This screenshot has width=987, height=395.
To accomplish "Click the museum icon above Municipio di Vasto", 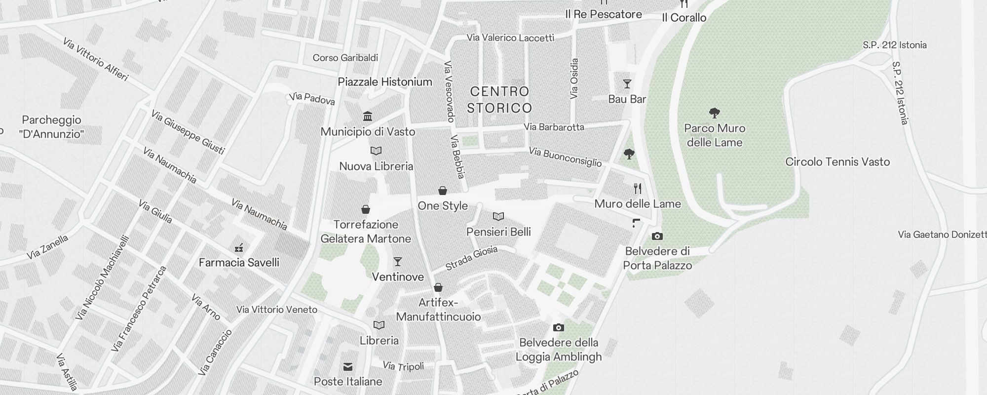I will pos(368,117).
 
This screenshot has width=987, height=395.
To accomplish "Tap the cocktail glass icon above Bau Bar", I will pos(627,84).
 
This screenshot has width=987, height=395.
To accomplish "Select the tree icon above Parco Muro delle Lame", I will pos(714,113).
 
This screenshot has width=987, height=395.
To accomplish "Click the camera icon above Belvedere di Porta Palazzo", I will pos(657,237).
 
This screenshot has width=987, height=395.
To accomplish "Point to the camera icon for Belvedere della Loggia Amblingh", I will pos(558,328).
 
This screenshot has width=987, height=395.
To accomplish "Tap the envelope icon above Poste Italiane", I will pos(348,367).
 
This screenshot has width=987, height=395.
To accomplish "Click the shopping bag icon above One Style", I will pos(443,191).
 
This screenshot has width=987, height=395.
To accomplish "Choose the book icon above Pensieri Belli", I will pos(498,217).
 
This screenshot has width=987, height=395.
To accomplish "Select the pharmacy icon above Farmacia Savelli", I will pos(239,248).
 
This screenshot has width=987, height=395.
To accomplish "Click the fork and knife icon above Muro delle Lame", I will pos(638,189).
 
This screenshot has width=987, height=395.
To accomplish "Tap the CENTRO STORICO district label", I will pos(499,100).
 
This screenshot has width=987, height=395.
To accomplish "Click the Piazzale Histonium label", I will pos(385,82).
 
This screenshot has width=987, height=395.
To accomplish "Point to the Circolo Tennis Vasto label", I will pos(837,162).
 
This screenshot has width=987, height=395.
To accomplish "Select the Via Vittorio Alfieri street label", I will pos(96,59).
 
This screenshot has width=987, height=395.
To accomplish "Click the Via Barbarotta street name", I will pos(554,127).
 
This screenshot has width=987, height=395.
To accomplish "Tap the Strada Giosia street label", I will pos(471,259).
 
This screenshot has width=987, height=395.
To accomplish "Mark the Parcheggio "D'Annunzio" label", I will pos(52,127).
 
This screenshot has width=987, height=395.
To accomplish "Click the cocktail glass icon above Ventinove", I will pos(398,262).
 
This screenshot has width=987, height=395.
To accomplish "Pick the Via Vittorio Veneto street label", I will pos(277,310).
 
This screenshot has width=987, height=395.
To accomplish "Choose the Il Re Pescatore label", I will pos(604,14).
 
